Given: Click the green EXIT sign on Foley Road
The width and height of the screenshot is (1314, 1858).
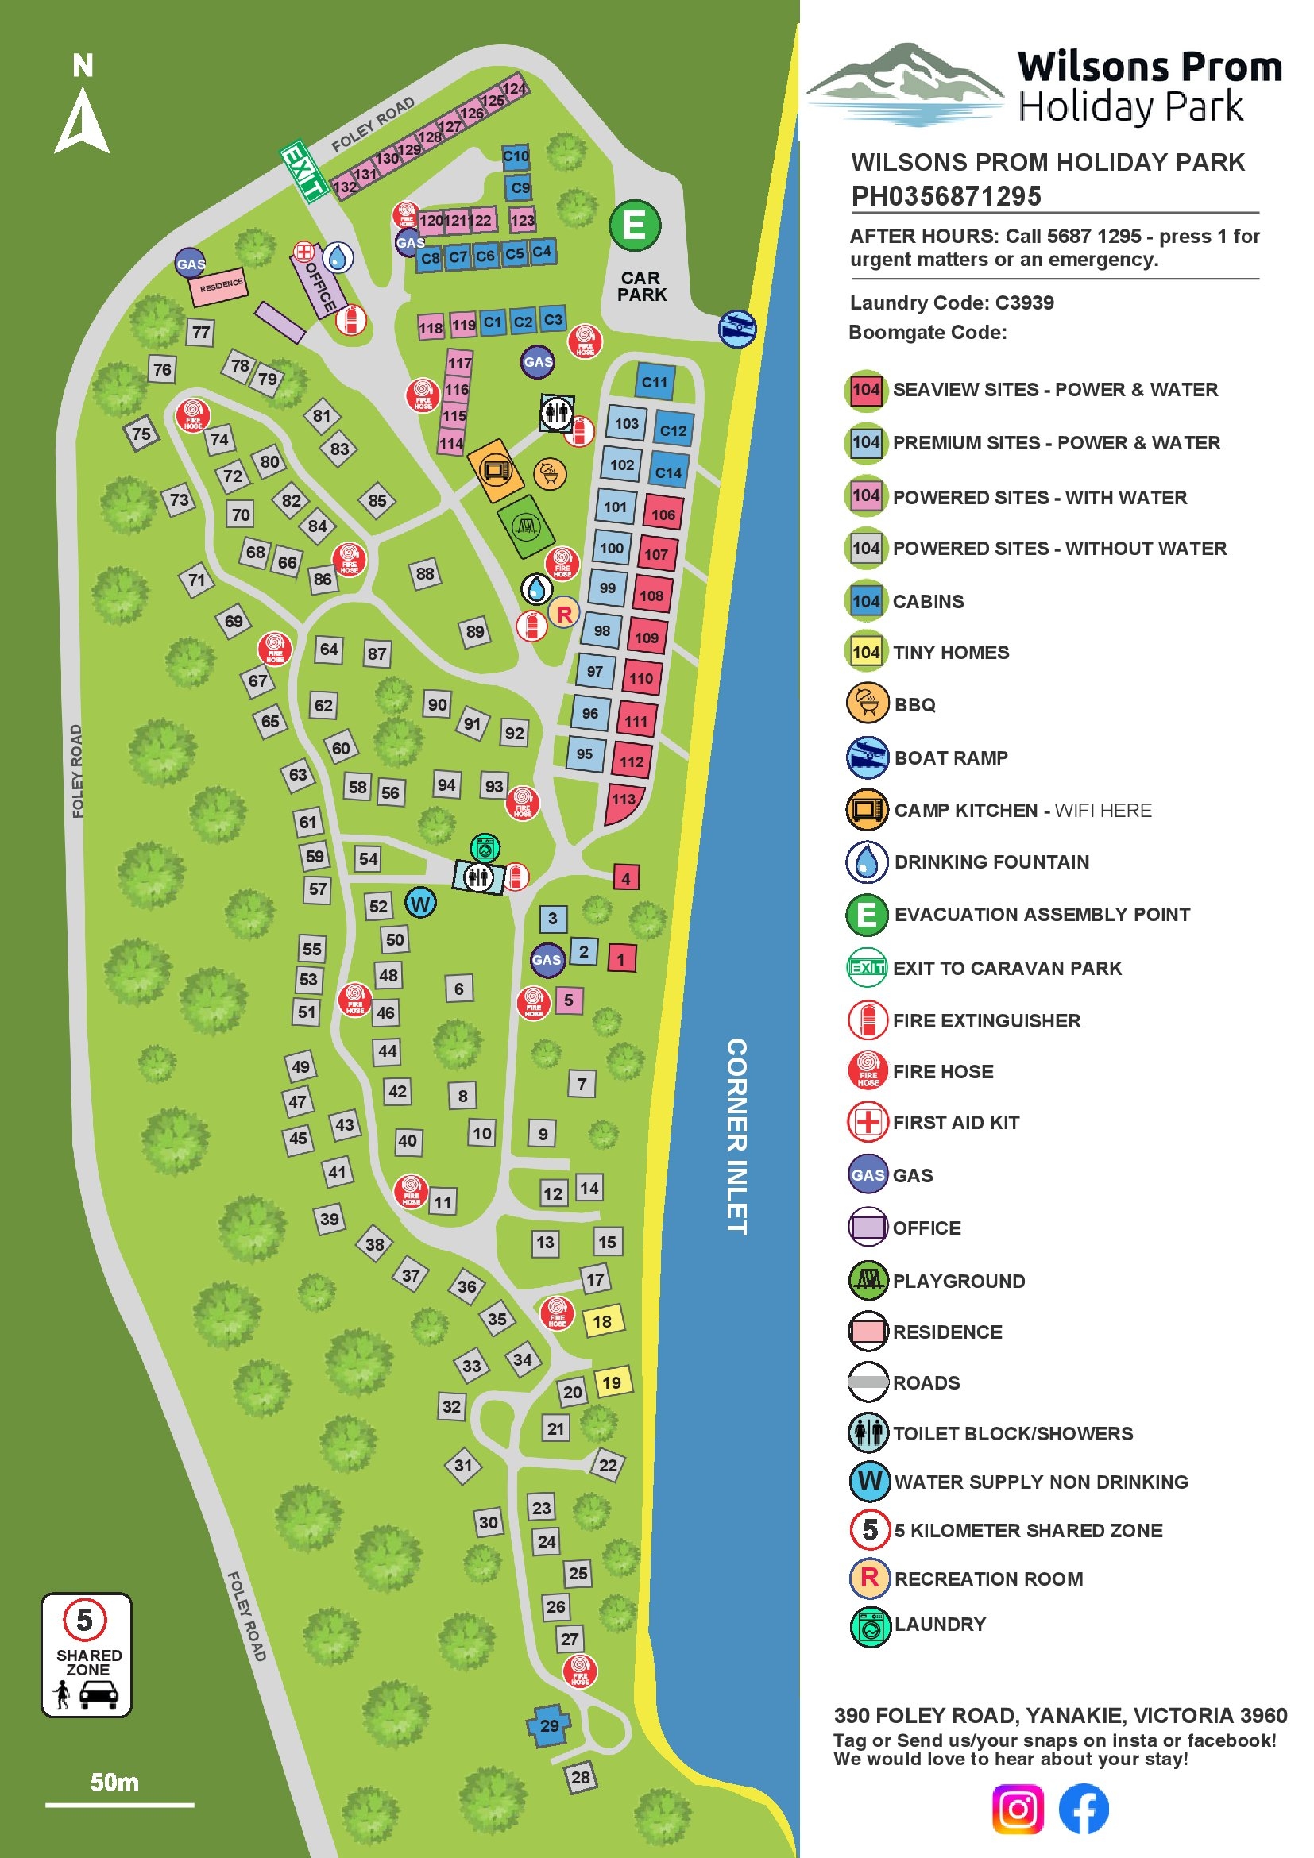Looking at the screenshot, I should (303, 171).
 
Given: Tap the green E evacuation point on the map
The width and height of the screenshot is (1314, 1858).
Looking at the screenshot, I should (634, 226).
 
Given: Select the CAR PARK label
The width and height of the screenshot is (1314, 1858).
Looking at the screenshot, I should (641, 287).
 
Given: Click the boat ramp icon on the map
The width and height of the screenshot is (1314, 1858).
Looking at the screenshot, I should (736, 329).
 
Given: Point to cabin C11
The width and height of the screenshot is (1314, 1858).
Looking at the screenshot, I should (654, 383).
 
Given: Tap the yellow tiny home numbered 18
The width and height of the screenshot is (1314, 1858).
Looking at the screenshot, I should (601, 1321).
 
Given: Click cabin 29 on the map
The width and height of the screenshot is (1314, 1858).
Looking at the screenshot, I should (550, 1725).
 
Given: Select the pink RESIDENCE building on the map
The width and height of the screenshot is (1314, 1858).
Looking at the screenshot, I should (218, 286).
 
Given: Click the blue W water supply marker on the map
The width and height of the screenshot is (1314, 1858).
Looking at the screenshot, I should (420, 902).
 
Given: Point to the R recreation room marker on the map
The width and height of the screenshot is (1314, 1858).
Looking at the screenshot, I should (564, 613).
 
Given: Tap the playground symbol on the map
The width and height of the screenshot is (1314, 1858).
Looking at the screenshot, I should (526, 526).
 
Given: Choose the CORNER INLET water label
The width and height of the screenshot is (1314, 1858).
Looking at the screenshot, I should (736, 1136).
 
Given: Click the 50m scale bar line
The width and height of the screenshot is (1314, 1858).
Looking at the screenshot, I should (119, 1805).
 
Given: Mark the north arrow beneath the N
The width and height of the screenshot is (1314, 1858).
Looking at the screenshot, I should (82, 121).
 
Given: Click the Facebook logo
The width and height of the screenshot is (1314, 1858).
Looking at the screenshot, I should (1084, 1808).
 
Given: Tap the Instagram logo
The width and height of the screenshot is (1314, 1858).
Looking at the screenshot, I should (1018, 1808).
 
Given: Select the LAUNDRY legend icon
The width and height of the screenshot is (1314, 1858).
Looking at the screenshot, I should (870, 1626).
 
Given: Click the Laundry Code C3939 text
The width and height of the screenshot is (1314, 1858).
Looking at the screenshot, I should (951, 303).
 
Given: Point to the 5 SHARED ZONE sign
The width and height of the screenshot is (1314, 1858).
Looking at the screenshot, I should (87, 1654).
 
